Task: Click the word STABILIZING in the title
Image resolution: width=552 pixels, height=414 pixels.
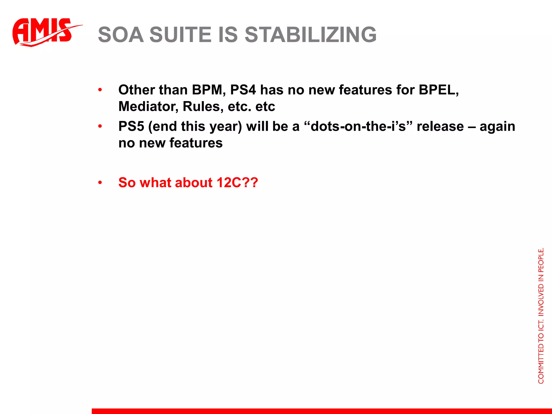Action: [310, 35]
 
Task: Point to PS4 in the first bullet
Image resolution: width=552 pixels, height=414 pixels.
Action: [243, 90]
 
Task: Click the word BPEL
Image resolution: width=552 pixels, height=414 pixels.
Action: [438, 90]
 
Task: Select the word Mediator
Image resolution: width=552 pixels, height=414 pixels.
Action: [148, 106]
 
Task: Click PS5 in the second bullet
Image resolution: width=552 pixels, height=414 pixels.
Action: [131, 126]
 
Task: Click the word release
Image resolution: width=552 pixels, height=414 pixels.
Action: [440, 126]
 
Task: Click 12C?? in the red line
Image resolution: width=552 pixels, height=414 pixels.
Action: [237, 182]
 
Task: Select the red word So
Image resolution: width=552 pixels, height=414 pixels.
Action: [127, 182]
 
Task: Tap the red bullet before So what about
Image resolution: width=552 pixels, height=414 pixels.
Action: [100, 183]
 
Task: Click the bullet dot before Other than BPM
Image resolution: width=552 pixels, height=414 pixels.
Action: [100, 90]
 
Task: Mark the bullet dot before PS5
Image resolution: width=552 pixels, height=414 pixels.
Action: [100, 126]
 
